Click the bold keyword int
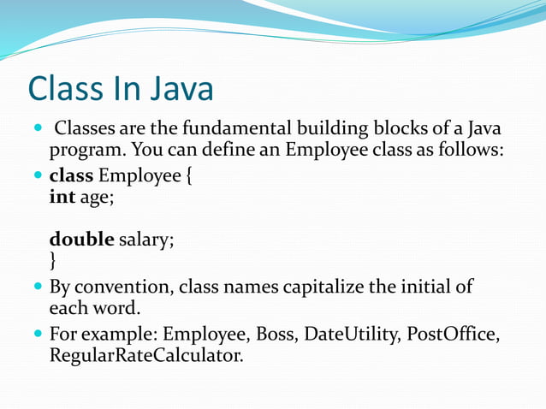(62, 198)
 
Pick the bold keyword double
(81, 240)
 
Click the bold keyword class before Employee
(72, 177)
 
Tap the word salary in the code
(146, 240)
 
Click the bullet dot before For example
(38, 334)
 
